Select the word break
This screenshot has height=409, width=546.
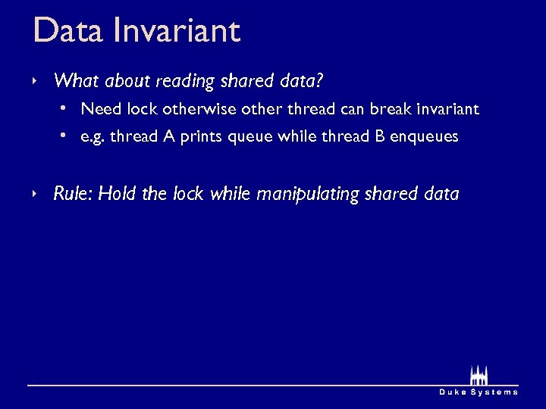pyautogui.click(x=391, y=109)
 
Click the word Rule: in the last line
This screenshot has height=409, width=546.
pyautogui.click(x=74, y=194)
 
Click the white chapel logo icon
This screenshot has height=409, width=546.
pyautogui.click(x=479, y=375)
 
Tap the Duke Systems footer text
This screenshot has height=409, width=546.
pyautogui.click(x=479, y=392)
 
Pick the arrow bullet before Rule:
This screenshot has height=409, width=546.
pyautogui.click(x=35, y=194)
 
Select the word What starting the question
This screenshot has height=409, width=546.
pyautogui.click(x=74, y=80)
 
